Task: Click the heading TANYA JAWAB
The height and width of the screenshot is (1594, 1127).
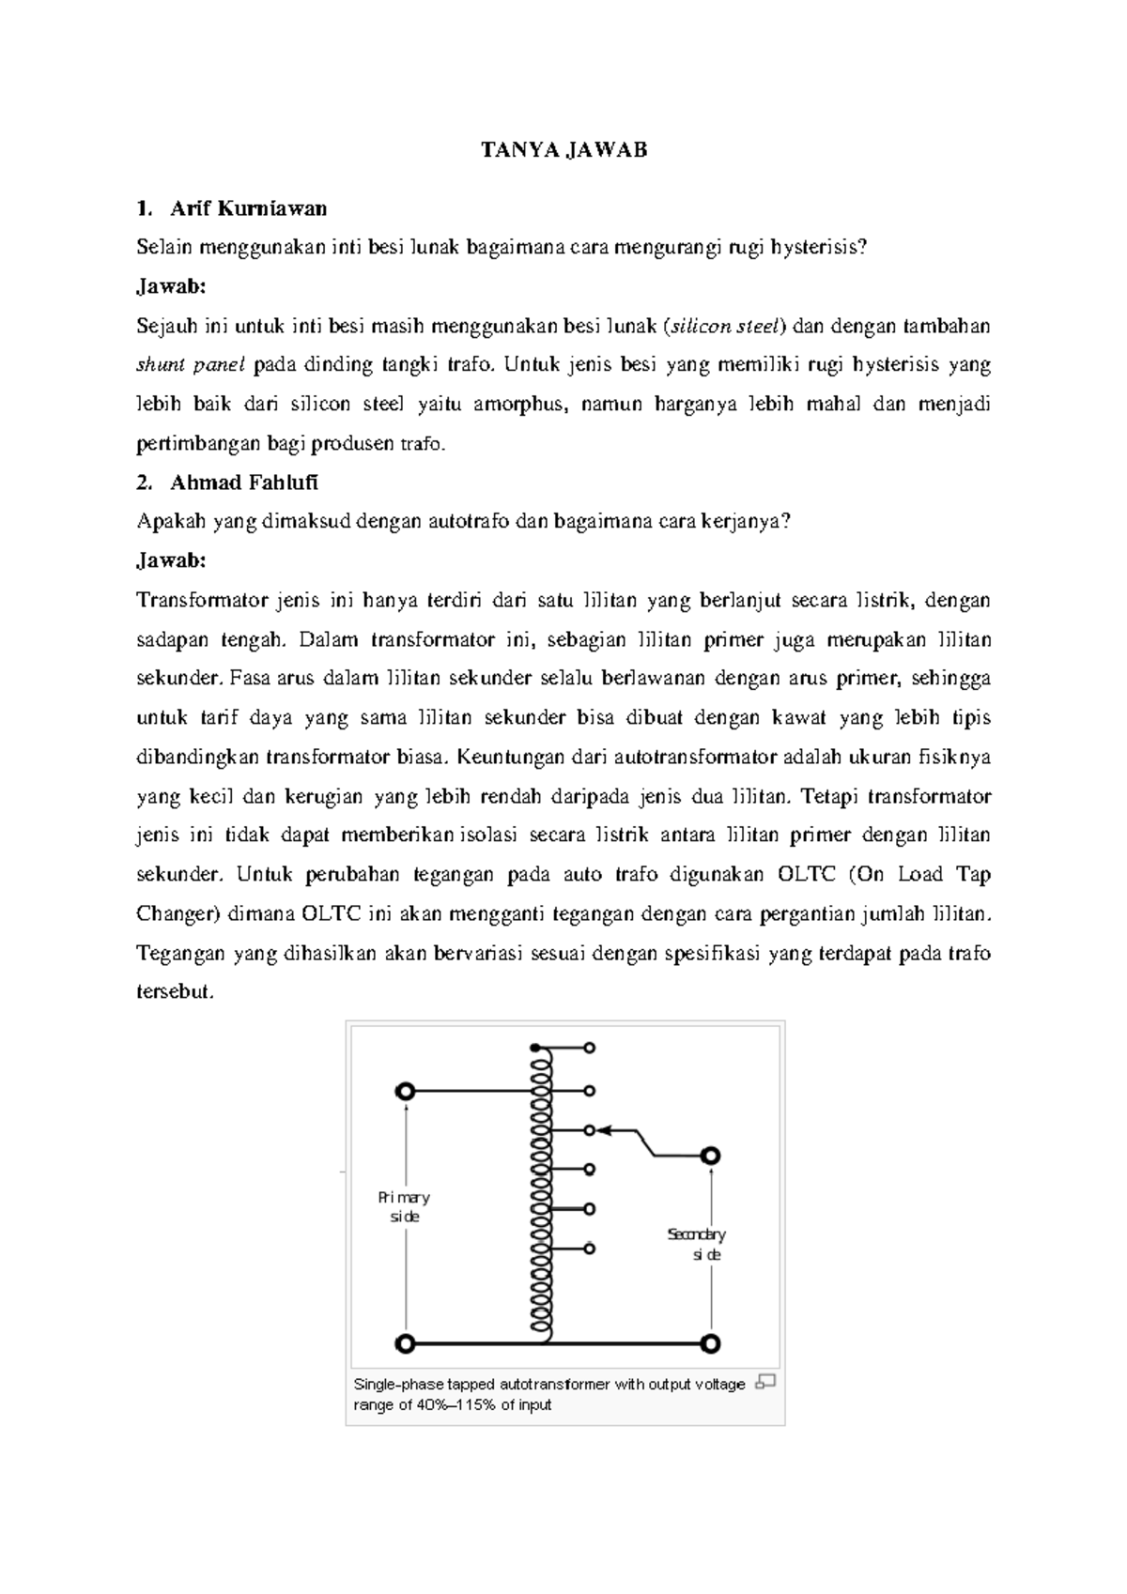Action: tap(563, 150)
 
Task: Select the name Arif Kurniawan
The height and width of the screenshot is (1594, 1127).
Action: tap(248, 207)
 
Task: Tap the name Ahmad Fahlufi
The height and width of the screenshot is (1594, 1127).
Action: tap(244, 483)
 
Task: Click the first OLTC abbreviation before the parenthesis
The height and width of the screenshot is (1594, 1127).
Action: tap(807, 875)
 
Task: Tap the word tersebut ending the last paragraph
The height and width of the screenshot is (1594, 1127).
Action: tap(175, 993)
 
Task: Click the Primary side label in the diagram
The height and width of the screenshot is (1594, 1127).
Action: tap(405, 1206)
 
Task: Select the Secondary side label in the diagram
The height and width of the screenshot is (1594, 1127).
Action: tap(696, 1244)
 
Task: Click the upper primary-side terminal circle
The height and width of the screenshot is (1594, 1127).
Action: tap(405, 1091)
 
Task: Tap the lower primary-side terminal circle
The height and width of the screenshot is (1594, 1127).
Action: tap(405, 1343)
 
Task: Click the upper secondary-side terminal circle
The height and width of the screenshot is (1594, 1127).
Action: tap(711, 1156)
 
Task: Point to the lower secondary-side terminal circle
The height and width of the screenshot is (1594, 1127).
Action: tap(711, 1343)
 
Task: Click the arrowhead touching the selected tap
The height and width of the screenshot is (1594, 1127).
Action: tap(604, 1130)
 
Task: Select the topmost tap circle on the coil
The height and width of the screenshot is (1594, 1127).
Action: tap(589, 1047)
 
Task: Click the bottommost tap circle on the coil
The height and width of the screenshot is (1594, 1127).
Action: tap(589, 1248)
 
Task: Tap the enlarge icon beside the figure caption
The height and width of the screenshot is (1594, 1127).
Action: tap(765, 1382)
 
